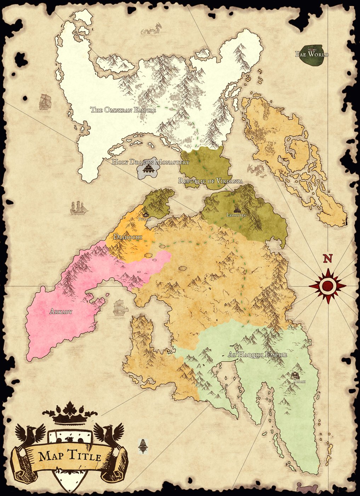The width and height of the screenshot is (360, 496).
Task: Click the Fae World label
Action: click(312, 54)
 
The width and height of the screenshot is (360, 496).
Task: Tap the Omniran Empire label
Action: click(123, 110)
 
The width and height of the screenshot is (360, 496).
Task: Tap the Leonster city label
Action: click(236, 215)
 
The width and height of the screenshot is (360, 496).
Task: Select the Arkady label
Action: click(61, 312)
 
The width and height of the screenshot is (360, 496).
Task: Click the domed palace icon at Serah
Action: click(296, 376)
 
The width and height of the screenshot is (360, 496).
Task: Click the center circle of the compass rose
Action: click(328, 286)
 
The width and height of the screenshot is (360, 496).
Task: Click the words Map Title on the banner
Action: click(70, 456)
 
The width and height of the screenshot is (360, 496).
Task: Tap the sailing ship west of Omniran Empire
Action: click(45, 102)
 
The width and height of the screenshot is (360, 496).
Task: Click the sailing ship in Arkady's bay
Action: click(120, 307)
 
